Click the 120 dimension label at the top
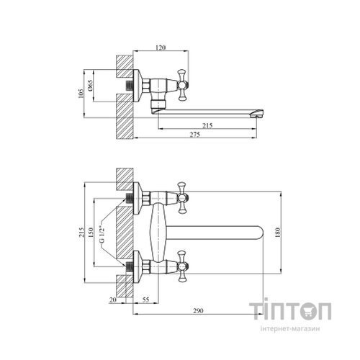click(161, 48)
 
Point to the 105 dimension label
click(81, 94)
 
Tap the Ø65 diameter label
click(90, 85)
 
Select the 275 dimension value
click(195, 135)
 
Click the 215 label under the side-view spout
click(207, 125)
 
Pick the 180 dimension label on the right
click(277, 232)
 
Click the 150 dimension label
click(91, 232)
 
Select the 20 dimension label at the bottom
click(113, 300)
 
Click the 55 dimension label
click(145, 300)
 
